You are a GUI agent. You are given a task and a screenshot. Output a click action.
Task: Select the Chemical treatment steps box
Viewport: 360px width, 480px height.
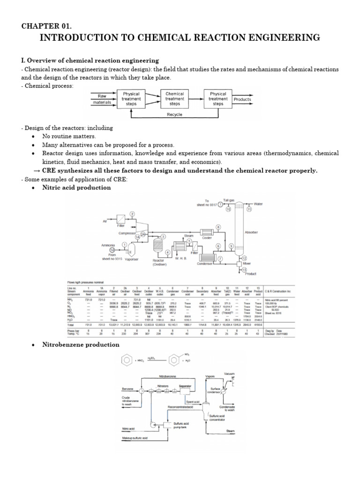[174, 99]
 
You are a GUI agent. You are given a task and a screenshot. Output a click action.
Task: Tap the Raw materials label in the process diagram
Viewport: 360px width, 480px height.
[102, 99]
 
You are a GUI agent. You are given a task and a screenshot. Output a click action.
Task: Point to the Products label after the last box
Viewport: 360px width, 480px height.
[242, 99]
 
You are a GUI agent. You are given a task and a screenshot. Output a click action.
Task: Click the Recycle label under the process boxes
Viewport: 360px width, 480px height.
[174, 114]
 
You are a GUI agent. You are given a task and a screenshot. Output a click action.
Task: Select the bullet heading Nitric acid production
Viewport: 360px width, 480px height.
[76, 187]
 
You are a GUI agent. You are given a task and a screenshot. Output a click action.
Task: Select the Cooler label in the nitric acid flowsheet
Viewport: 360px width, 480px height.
[207, 238]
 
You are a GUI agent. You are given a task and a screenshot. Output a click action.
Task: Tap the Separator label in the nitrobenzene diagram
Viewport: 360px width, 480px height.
[185, 386]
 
